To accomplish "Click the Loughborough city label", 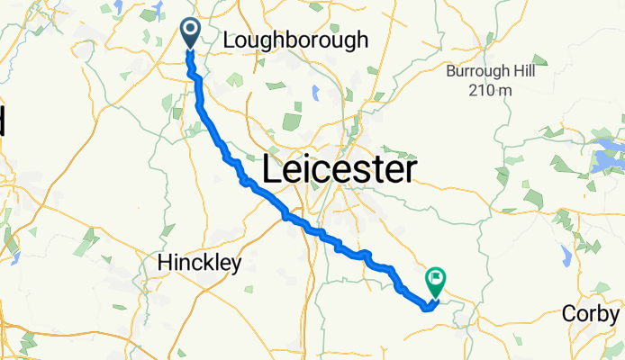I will coord(295,40).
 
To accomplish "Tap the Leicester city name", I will coord(340,169).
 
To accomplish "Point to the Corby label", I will coord(591,313).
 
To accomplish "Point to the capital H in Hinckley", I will coord(164,263).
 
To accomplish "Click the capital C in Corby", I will coord(569,313).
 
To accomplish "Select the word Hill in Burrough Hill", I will coord(524,71).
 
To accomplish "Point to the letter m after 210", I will coord(505,89).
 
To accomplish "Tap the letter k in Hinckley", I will coord(216,263).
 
